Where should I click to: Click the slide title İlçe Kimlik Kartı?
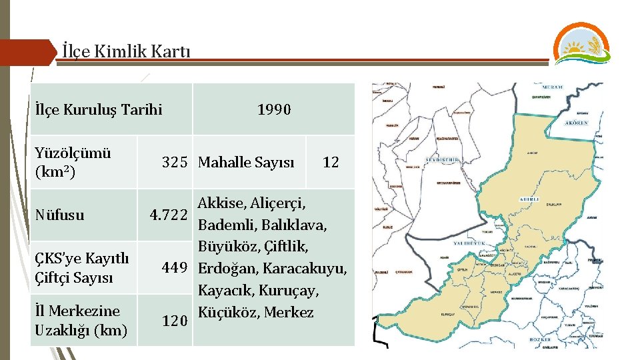126,51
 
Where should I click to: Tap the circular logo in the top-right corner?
581,43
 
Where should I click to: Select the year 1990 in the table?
274,109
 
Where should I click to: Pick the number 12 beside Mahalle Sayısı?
331,162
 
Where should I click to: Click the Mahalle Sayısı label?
246,162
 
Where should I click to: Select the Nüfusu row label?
61,215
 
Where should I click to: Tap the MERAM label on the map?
552,87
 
